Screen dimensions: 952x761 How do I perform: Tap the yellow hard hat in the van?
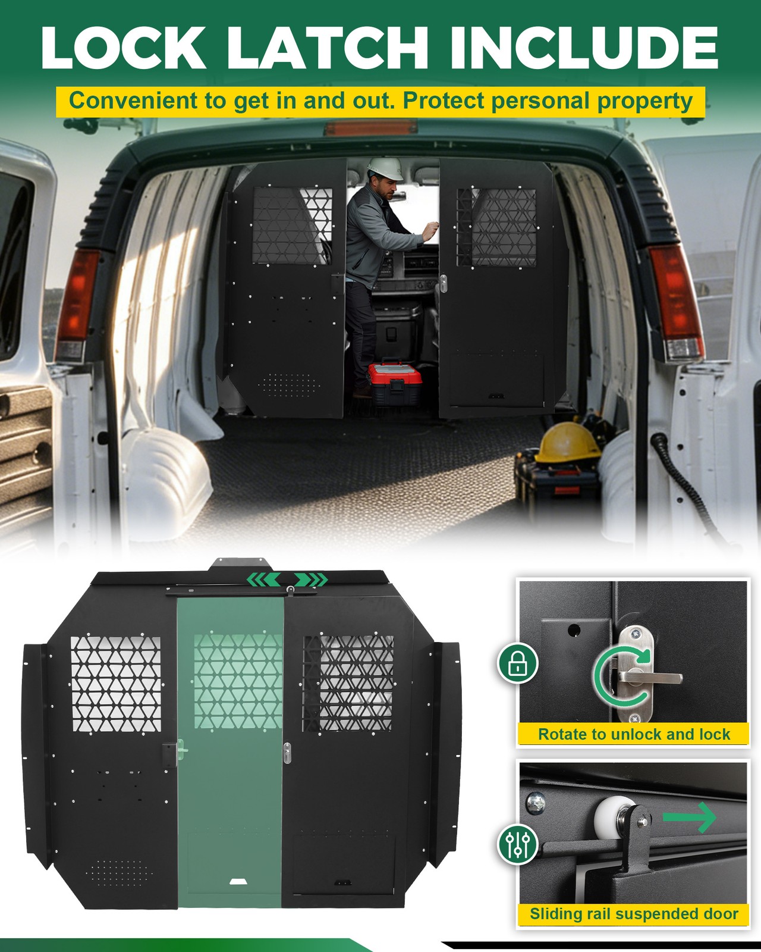567,442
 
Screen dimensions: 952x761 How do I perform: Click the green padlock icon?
518,663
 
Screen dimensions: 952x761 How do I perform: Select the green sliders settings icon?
518,843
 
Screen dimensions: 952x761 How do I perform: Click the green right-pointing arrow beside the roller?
691,817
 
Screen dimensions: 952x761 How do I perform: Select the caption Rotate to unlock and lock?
634,734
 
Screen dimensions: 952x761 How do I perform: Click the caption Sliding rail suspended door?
634,914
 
